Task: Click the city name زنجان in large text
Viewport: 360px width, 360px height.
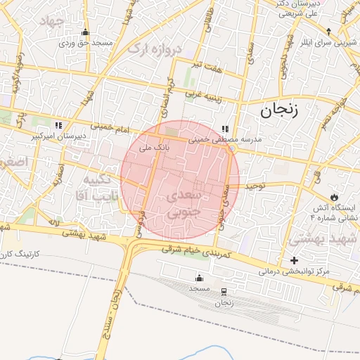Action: [279, 110]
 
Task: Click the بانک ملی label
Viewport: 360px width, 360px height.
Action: [155, 148]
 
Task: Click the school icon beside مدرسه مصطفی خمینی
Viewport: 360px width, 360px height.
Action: [225, 129]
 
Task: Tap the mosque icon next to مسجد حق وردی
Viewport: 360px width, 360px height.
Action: [86, 32]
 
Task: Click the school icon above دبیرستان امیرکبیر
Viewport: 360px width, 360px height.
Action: [59, 125]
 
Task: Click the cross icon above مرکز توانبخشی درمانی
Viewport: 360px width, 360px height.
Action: [294, 261]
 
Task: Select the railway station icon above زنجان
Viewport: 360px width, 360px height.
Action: [224, 292]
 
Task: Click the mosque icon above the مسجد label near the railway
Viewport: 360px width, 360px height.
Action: [198, 278]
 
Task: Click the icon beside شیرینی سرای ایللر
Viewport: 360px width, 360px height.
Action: [328, 32]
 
